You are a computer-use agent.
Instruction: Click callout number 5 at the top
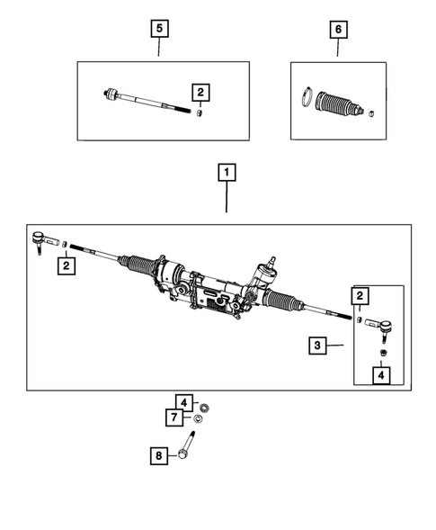[159, 30]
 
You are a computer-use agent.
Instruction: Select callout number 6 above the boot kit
[338, 30]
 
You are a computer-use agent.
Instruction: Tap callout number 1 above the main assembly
[227, 171]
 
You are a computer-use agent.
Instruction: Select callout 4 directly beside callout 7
[183, 402]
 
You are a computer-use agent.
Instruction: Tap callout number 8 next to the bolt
[159, 456]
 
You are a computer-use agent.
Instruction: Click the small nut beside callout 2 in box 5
[200, 113]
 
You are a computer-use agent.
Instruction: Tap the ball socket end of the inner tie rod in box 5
[111, 94]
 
